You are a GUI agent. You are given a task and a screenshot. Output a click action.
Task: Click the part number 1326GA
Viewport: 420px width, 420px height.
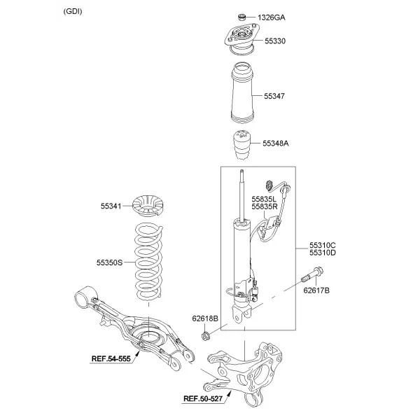[x=272, y=17]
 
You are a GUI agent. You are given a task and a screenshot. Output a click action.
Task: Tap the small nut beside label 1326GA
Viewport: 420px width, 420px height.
[x=242, y=17]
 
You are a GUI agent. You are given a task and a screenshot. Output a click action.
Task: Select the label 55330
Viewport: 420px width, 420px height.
[x=275, y=41]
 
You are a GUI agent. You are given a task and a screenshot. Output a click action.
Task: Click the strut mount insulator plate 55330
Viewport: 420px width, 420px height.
[x=242, y=39]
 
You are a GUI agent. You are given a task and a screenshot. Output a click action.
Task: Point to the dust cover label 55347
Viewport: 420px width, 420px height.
[x=274, y=96]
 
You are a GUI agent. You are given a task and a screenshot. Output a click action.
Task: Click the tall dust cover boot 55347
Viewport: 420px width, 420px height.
[x=242, y=93]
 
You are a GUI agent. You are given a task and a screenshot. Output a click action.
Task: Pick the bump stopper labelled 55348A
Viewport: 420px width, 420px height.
[x=242, y=145]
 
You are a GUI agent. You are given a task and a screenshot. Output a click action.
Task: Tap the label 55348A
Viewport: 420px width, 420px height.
[x=276, y=143]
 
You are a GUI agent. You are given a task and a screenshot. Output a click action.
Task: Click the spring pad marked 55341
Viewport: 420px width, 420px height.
[x=148, y=206]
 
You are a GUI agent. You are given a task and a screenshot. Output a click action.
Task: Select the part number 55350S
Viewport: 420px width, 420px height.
[x=109, y=262]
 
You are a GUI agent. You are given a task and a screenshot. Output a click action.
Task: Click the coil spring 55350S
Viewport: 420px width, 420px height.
[x=148, y=262]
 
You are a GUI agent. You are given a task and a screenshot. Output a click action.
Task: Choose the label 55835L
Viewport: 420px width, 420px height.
[x=264, y=199]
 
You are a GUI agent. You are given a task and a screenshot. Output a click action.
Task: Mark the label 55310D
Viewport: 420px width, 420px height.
[x=323, y=253]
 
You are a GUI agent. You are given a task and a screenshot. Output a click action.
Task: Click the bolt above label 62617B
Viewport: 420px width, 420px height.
[x=313, y=275]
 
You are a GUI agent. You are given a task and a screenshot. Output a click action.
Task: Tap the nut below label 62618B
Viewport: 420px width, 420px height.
[x=205, y=335]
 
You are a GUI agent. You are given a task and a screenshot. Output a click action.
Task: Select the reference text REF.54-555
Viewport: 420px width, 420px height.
[x=111, y=358]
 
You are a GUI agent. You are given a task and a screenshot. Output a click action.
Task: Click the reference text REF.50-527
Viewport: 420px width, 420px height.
[x=203, y=399]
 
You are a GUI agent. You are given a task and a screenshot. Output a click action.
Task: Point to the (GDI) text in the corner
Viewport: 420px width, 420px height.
[x=73, y=11]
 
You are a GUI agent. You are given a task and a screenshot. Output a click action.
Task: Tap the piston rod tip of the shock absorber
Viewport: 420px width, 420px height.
[x=241, y=171]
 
